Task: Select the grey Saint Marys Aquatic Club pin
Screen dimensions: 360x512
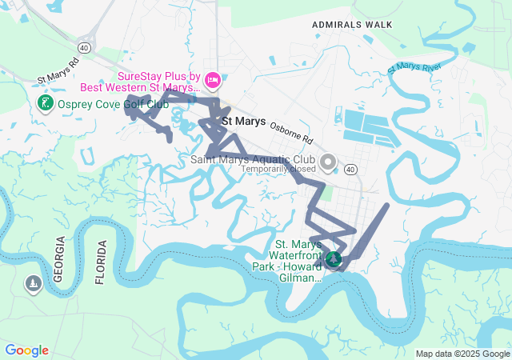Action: tap(327, 163)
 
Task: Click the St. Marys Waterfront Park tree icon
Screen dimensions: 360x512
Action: tap(333, 259)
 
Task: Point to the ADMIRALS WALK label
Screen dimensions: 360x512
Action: tap(354, 25)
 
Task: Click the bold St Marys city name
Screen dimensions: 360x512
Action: tap(243, 122)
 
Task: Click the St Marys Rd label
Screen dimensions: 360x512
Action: tap(58, 72)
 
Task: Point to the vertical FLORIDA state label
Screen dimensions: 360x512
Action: tap(100, 262)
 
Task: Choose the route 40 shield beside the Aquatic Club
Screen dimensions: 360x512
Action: tap(350, 169)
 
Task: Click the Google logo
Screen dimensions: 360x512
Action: tap(26, 350)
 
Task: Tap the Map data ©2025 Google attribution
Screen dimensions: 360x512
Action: tap(462, 354)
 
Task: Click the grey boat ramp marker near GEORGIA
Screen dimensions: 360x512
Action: tap(33, 283)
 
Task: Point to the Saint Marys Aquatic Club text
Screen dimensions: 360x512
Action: tap(251, 159)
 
